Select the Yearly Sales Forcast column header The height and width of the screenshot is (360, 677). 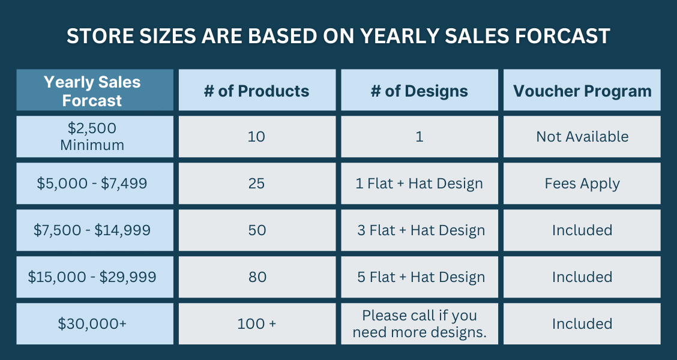(x=95, y=90)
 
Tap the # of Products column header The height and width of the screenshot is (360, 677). (x=257, y=90)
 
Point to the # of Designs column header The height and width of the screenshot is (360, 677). (x=420, y=90)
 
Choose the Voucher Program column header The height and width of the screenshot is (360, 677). (x=582, y=90)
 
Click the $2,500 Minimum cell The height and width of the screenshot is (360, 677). (x=95, y=136)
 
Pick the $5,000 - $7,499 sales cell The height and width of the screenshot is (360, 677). (x=95, y=184)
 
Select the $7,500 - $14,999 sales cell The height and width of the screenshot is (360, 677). (x=95, y=230)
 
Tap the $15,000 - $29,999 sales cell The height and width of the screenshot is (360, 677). (x=95, y=277)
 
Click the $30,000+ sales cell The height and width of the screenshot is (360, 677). (x=95, y=324)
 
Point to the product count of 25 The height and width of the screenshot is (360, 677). (x=257, y=184)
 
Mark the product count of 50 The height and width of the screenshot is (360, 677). (x=257, y=230)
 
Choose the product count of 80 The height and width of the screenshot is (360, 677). (x=257, y=277)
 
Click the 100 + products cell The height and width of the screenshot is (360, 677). (x=257, y=324)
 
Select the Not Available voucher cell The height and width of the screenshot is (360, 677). (x=582, y=136)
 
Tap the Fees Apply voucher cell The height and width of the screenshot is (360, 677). (x=582, y=184)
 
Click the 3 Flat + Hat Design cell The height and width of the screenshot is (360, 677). (x=420, y=230)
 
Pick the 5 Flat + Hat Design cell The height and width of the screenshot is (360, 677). (x=420, y=277)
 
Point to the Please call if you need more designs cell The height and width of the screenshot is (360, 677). (x=420, y=324)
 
